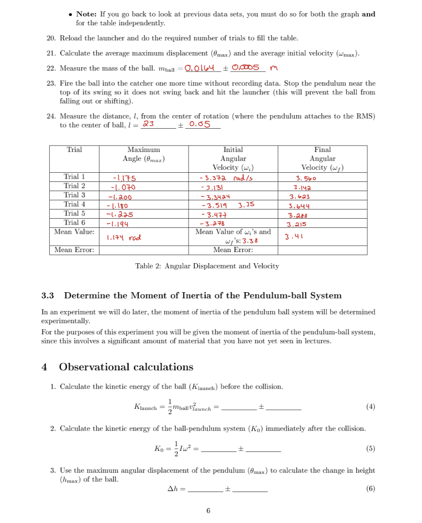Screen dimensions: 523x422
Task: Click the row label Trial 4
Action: [74, 204]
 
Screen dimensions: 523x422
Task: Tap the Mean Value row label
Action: [74, 232]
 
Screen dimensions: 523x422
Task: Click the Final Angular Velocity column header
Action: [322, 159]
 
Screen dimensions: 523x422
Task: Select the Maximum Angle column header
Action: [144, 154]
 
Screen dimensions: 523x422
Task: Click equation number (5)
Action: [370, 448]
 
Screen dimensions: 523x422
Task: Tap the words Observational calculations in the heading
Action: [126, 367]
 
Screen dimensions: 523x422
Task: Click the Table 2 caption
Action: [207, 266]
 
